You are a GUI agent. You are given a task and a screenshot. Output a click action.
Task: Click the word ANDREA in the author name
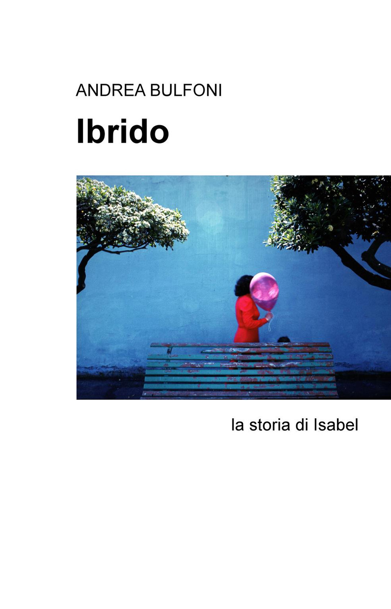coord(111,90)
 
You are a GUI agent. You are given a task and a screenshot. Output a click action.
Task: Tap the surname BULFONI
coord(186,90)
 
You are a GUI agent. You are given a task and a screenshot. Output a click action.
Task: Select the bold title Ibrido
coord(122,131)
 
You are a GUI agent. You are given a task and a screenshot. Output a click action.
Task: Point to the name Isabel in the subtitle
coord(336,425)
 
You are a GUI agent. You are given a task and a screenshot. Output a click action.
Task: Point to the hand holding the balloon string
coord(269,317)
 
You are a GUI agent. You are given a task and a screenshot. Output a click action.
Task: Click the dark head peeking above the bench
coord(284,339)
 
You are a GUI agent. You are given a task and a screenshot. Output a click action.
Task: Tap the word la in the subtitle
coord(237,425)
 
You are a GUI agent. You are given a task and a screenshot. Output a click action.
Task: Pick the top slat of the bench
coord(239,345)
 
